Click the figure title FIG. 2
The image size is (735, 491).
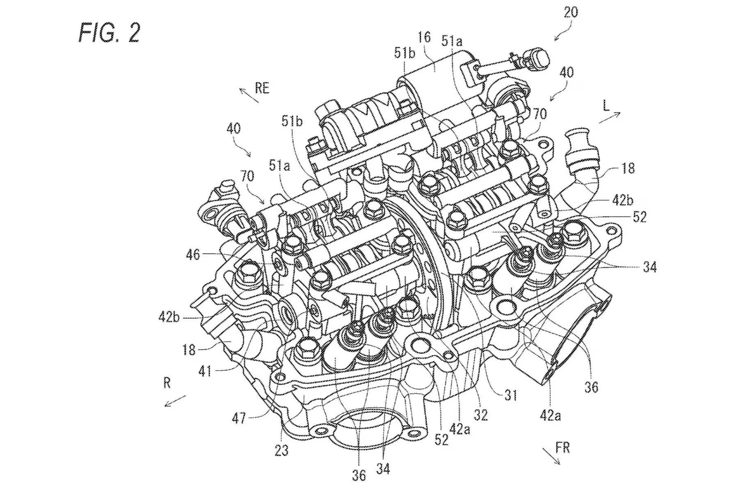point(109,32)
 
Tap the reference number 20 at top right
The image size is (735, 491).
point(570,12)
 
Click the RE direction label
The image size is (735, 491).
point(262,88)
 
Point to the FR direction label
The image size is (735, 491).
point(562,448)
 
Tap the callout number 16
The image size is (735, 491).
point(424,37)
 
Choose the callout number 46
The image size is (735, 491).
point(193,255)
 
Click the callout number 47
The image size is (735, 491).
point(239,418)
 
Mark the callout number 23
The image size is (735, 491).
point(281,450)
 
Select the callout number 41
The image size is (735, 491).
point(205,371)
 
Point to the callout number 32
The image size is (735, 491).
point(480,415)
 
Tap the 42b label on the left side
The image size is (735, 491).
point(168,317)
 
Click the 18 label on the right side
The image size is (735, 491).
point(628,168)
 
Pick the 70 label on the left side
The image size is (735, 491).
point(247,176)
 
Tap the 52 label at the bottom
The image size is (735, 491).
point(441,440)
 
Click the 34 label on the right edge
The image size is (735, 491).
point(650,267)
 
